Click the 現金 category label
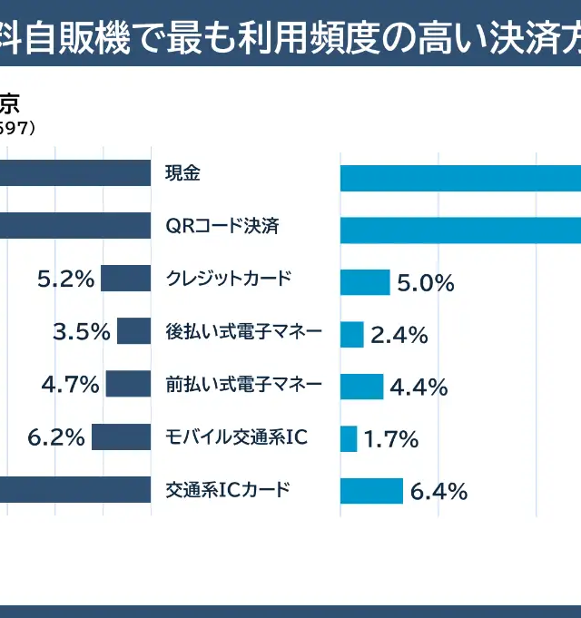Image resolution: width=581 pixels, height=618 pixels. click(182, 172)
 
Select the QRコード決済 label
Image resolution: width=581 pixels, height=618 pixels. click(222, 226)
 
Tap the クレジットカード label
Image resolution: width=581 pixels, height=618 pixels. click(229, 279)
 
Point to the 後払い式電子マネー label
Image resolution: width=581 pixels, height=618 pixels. click(244, 331)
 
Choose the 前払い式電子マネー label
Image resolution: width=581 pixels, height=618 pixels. click(244, 384)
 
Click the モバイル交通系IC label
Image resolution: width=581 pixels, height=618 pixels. click(237, 437)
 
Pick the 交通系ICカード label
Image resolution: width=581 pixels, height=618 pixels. click(228, 490)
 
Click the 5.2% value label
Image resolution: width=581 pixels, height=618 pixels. click(65, 280)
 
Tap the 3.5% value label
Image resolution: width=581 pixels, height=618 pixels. click(82, 332)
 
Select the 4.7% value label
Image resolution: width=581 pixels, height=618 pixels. click(70, 385)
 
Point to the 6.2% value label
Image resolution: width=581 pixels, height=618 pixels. click(56, 438)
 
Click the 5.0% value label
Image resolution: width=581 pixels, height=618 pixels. click(426, 283)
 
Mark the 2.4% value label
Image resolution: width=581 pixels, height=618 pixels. click(399, 336)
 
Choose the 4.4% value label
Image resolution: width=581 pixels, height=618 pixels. click(419, 387)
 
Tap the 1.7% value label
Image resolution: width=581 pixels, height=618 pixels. click(391, 441)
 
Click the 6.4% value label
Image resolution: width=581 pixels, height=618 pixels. click(439, 493)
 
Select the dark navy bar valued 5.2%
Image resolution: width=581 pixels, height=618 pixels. click(125, 279)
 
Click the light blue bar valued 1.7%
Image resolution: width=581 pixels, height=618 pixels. click(349, 439)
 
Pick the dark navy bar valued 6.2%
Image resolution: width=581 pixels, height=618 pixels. click(121, 437)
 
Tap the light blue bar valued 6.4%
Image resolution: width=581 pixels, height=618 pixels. click(371, 491)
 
